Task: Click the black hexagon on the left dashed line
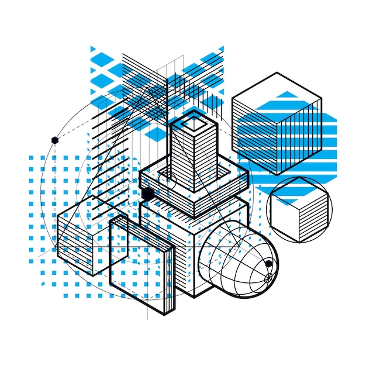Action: pyautogui.click(x=55, y=140)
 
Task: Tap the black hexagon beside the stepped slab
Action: pyautogui.click(x=147, y=194)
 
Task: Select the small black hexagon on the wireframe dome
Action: pyautogui.click(x=268, y=264)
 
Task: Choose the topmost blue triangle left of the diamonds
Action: pyautogui.click(x=92, y=49)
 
